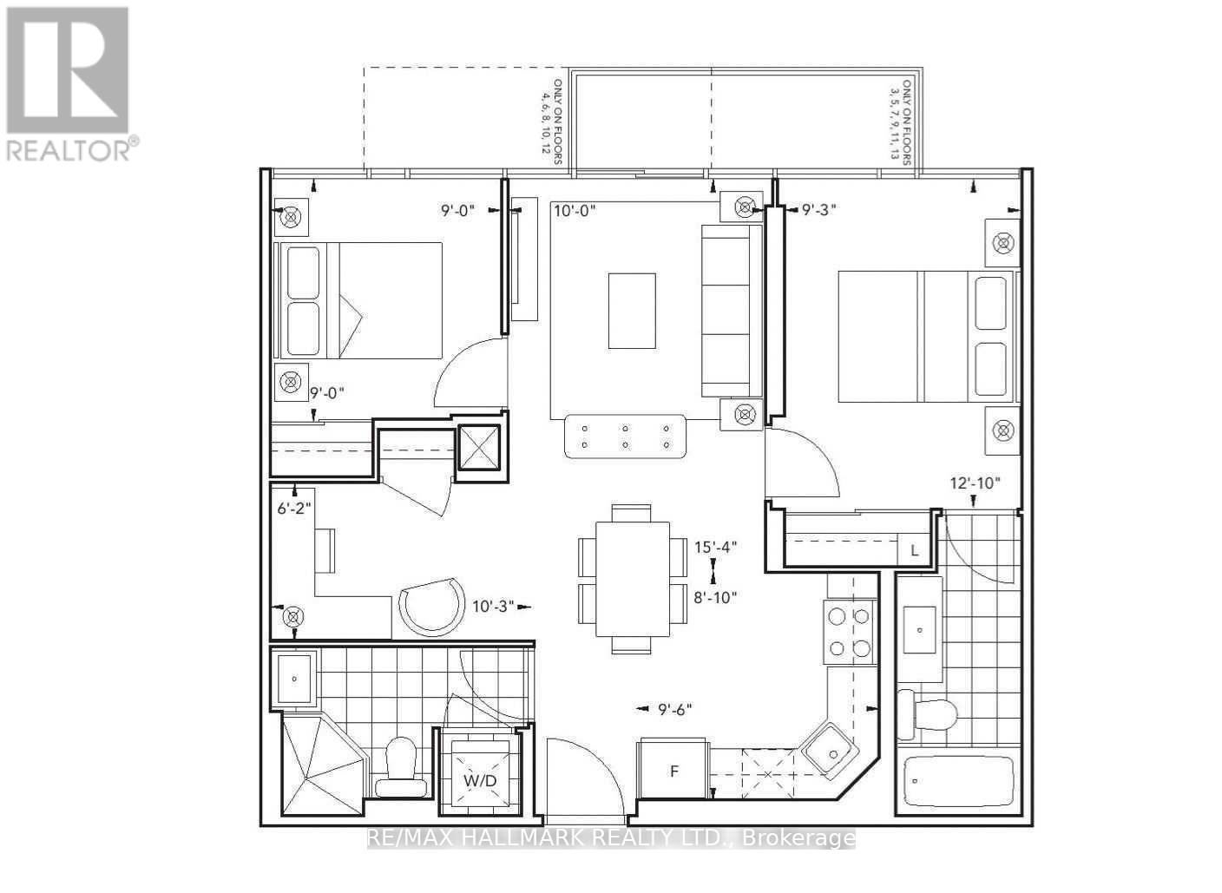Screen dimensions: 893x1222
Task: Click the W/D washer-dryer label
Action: point(479,779)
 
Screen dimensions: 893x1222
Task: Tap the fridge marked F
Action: point(673,770)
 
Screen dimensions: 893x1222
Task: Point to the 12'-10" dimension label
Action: point(976,483)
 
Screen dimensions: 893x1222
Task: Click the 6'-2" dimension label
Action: point(293,509)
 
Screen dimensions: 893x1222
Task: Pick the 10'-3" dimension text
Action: point(492,606)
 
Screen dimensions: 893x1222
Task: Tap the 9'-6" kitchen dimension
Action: point(674,709)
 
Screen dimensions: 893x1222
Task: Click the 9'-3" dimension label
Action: point(818,209)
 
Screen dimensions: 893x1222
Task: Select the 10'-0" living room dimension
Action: point(575,209)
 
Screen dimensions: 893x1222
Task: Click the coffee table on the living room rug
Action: point(631,311)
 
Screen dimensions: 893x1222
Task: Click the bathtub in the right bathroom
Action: point(958,781)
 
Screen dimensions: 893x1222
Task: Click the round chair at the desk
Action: point(430,607)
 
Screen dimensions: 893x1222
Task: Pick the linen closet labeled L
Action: point(913,550)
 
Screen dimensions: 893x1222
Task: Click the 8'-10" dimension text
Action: point(715,596)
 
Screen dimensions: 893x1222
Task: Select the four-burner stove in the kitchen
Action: point(848,632)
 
